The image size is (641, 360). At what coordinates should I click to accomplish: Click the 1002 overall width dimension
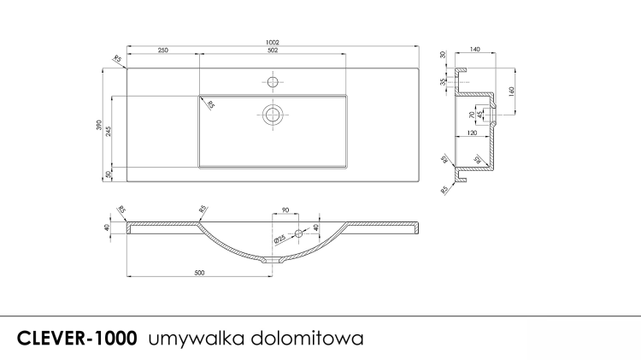273,41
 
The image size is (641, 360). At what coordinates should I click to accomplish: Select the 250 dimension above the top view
162,51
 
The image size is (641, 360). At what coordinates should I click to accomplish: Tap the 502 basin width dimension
273,51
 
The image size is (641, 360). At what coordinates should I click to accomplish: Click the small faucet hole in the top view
273,82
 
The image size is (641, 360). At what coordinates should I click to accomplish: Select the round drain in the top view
273,115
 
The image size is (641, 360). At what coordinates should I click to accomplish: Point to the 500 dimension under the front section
199,273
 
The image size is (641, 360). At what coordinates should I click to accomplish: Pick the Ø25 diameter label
279,240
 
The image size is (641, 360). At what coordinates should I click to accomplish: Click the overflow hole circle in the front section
299,233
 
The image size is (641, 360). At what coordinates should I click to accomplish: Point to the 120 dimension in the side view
471,134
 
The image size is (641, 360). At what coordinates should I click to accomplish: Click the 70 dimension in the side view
471,114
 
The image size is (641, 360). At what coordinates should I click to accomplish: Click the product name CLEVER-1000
77,338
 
